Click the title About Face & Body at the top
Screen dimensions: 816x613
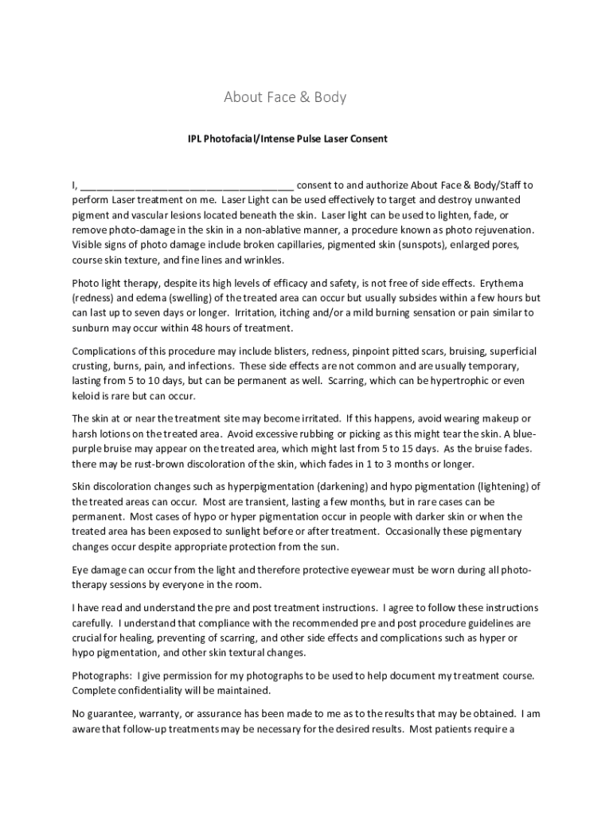(285, 98)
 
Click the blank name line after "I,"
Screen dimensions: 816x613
(187, 186)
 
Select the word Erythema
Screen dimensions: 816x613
(500, 284)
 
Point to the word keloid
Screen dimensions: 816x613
(88, 395)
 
